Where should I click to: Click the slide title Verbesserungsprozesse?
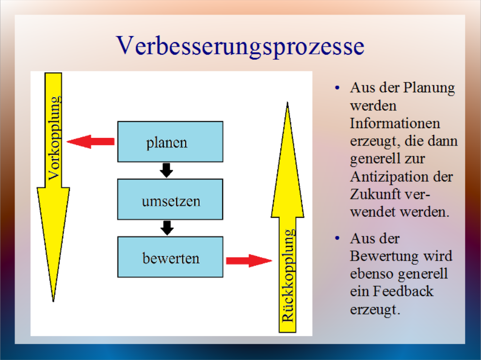pos(240,46)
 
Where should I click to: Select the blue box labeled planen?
pos(170,142)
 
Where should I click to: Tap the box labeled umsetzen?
pos(170,199)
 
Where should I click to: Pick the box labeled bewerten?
pos(170,257)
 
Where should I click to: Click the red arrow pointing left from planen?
pos(91,142)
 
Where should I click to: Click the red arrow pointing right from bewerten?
pos(249,261)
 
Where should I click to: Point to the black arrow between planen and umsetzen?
pos(167,170)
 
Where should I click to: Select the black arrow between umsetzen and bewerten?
pos(167,228)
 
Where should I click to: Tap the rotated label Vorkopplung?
pos(54,138)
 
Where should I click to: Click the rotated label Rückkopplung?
pos(289,275)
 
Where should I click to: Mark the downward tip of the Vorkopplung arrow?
pos(53,302)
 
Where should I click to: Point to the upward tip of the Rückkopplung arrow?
pos(288,102)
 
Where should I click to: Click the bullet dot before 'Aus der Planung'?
pos(337,88)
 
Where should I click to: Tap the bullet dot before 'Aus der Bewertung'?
pos(337,238)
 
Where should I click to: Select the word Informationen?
pos(395,123)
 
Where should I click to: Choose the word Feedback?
pos(403,291)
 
